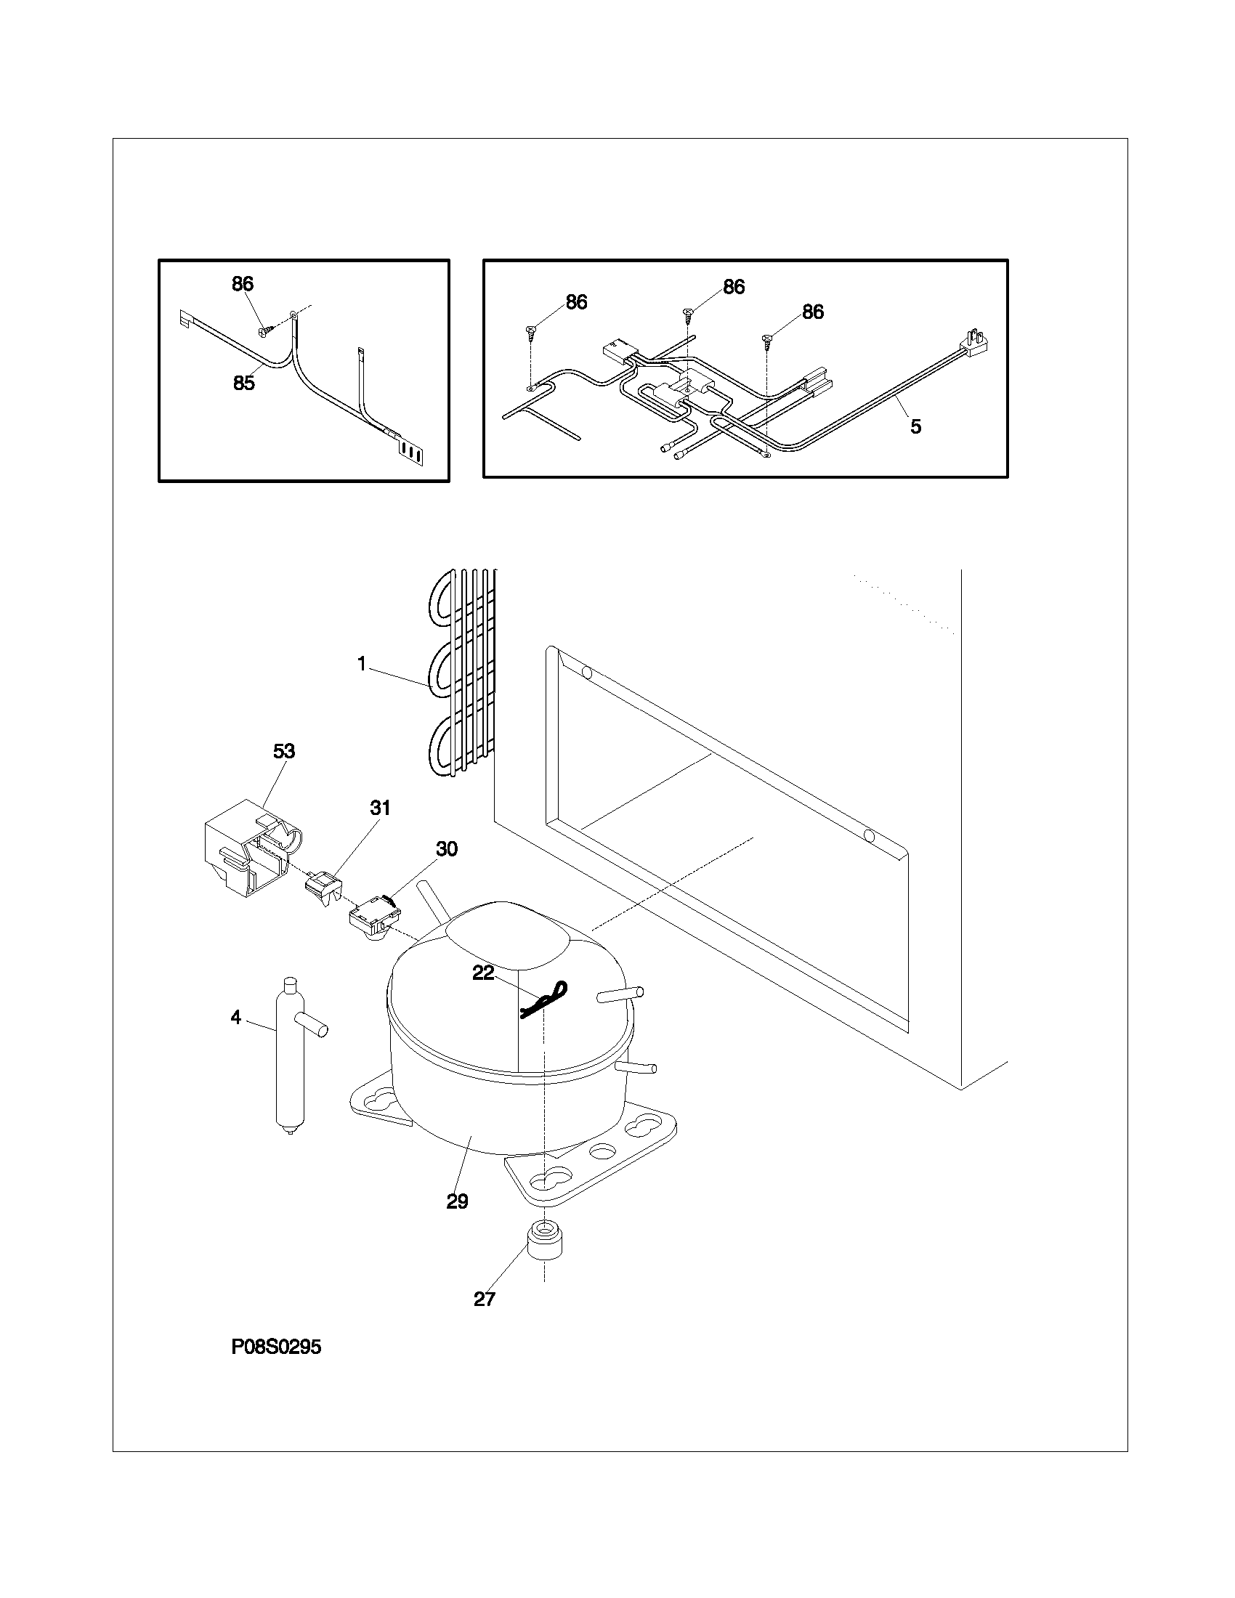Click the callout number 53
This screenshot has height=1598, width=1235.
coord(284,752)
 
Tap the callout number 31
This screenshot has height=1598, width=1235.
coord(380,808)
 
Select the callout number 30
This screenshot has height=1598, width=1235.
coord(446,848)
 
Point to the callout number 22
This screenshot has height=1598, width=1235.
coord(483,974)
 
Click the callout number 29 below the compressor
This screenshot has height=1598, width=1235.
coord(457,1201)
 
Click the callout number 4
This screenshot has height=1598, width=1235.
coord(235,1018)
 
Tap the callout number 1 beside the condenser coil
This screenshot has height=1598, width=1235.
coord(362,664)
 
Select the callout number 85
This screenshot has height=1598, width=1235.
coord(243,383)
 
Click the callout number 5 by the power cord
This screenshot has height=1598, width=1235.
coord(915,426)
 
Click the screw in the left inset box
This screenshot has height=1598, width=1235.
coord(266,331)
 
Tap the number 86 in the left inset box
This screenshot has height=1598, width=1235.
coord(242,284)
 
